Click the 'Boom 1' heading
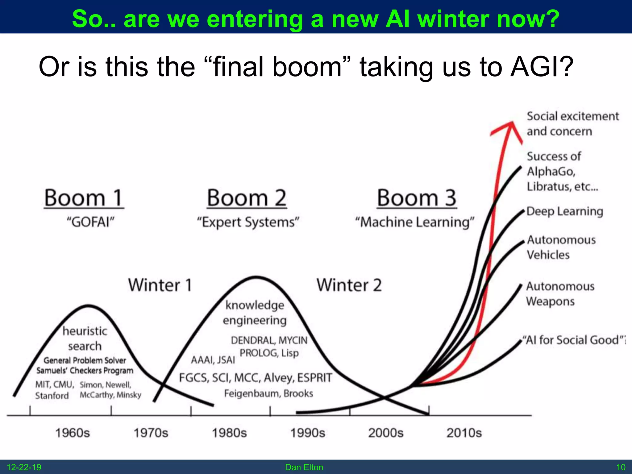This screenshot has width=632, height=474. click(84, 198)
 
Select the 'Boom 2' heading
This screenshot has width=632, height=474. click(247, 198)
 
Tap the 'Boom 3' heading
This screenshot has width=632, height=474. click(417, 198)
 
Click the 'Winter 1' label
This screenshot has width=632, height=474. click(160, 285)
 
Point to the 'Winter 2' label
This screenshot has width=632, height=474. click(349, 285)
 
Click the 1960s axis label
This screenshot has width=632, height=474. click(73, 433)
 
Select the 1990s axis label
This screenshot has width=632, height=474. click(308, 433)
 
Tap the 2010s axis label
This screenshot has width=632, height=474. click(464, 433)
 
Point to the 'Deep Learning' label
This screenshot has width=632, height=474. click(565, 211)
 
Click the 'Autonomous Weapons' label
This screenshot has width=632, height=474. click(559, 293)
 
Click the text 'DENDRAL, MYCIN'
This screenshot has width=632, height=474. click(269, 340)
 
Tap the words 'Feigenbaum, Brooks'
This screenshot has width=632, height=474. click(268, 393)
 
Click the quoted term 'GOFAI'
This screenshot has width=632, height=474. click(90, 222)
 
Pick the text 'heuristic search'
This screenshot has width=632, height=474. click(85, 339)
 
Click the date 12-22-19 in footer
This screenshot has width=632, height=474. click(24, 467)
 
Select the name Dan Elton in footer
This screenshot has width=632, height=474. click(304, 467)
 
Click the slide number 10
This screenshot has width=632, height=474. click(621, 467)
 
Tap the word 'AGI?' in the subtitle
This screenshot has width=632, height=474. click(542, 67)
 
